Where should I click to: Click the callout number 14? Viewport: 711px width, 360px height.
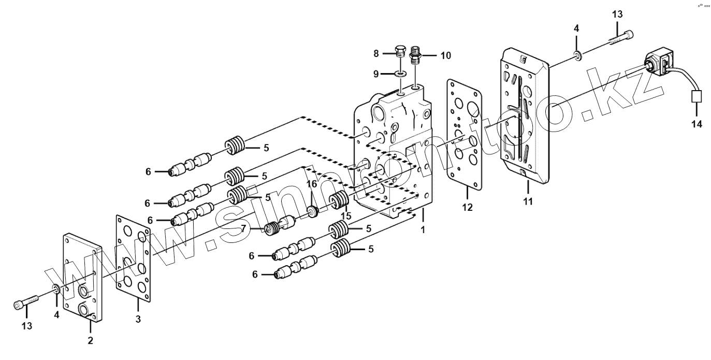pyautogui.click(x=697, y=124)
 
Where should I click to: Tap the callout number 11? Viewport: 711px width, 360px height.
pyautogui.click(x=528, y=201)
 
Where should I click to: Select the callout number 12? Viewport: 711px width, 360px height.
pyautogui.click(x=467, y=208)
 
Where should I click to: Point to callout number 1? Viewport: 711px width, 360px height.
pyautogui.click(x=423, y=229)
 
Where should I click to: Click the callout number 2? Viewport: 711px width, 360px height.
pyautogui.click(x=91, y=341)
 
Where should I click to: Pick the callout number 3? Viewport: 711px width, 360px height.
pyautogui.click(x=138, y=319)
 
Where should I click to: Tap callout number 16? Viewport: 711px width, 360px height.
pyautogui.click(x=312, y=184)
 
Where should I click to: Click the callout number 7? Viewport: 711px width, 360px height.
pyautogui.click(x=243, y=229)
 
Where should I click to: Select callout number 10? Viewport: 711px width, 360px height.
pyautogui.click(x=446, y=55)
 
